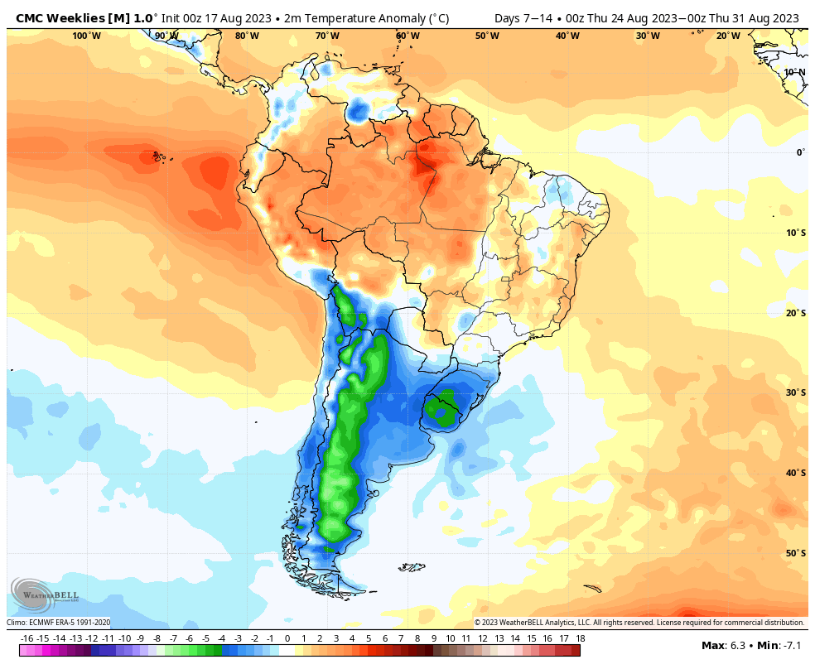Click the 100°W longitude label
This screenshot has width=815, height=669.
86,36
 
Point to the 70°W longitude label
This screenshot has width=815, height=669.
327,36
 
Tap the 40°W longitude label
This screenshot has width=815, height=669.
567,36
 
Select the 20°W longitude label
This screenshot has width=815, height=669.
728,36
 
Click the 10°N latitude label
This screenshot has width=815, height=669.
794,72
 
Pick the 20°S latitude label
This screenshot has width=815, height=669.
796,313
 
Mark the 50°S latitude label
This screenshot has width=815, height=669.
796,553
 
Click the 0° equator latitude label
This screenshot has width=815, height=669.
800,152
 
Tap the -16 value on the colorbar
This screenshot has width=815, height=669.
27,638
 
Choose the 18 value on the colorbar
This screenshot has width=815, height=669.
581,638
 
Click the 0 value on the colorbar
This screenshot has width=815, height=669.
287,638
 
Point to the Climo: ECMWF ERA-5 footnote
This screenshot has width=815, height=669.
58,623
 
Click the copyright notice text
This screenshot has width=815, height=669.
639,623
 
